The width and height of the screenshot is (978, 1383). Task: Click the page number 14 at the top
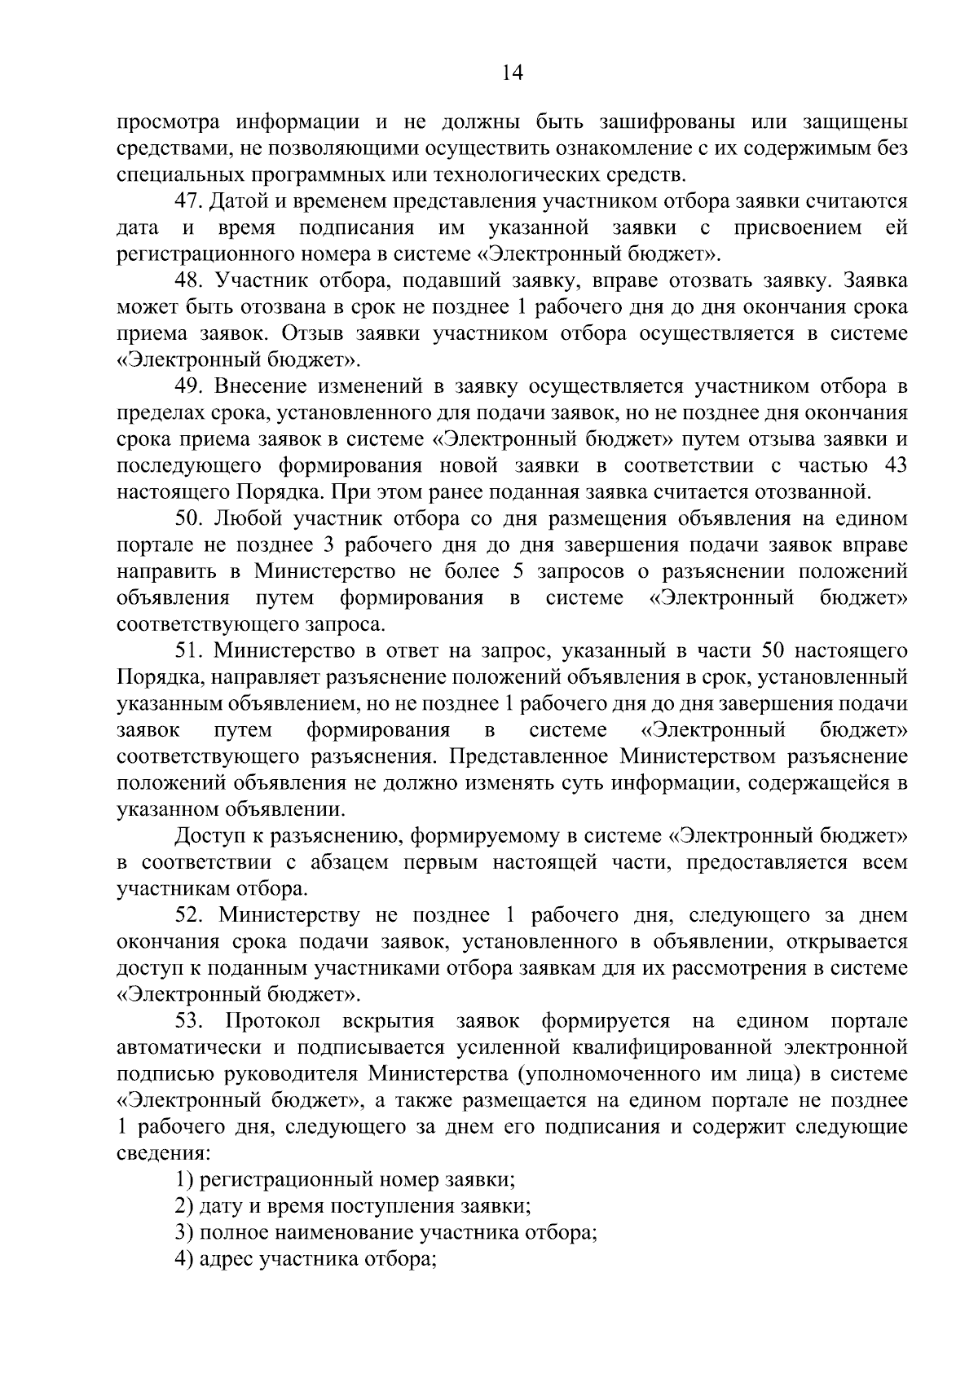[x=512, y=73]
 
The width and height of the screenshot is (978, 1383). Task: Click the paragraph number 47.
[x=189, y=201]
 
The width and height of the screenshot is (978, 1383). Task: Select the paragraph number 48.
[x=189, y=281]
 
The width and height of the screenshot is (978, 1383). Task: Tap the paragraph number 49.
[x=189, y=386]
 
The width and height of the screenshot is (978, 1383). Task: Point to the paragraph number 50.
[x=189, y=519]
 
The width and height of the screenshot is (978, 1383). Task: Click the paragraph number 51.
[x=189, y=651]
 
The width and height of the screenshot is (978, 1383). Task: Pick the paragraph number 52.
[x=189, y=915]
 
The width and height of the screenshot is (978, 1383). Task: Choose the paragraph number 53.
[x=189, y=1021]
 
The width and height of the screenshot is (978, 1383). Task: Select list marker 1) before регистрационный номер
[x=183, y=1179]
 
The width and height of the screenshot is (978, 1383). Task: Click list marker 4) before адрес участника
[x=183, y=1259]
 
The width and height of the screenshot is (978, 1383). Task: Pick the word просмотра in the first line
[x=169, y=122]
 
